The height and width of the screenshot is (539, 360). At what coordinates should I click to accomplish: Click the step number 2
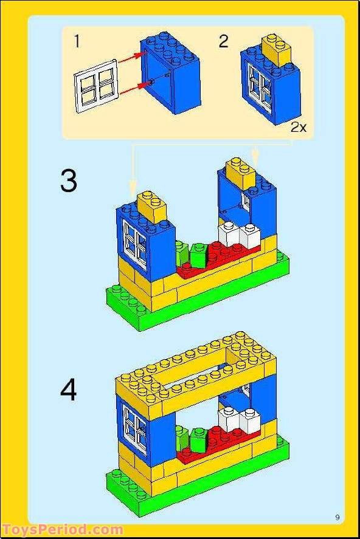pyautogui.click(x=224, y=41)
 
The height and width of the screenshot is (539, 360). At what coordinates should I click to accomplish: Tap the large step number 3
pyautogui.click(x=69, y=180)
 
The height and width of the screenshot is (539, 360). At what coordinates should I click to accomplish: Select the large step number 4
pyautogui.click(x=69, y=390)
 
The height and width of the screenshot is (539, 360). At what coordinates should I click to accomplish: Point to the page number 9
pyautogui.click(x=337, y=517)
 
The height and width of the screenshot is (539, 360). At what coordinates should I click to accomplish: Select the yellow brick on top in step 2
pyautogui.click(x=276, y=49)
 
